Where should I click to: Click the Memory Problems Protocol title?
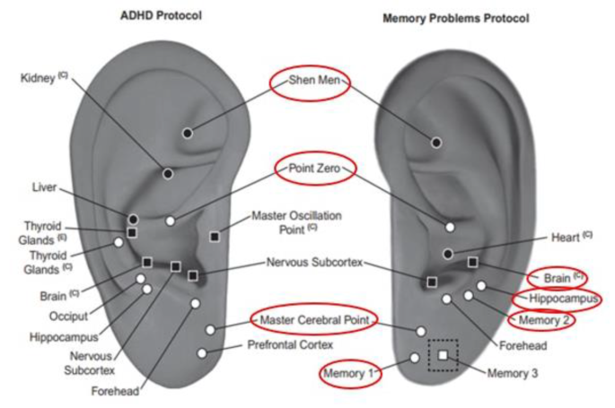point(455,18)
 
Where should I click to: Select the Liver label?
point(44,187)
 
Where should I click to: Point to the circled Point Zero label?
point(309,168)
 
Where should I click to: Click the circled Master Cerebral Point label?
point(312,319)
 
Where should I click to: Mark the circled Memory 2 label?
point(541,319)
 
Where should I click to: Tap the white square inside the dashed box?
point(443,356)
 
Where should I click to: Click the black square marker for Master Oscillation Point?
point(215,236)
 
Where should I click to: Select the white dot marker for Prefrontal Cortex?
point(202,353)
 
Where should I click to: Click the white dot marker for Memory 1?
point(414,359)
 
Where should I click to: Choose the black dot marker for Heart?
point(448,254)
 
